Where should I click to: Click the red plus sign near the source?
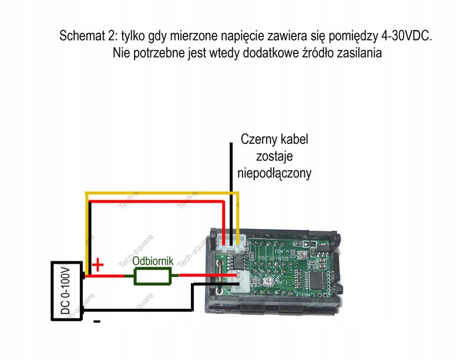click(98, 265)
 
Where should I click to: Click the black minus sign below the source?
click(97, 321)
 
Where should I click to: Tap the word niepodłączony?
click(274, 173)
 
